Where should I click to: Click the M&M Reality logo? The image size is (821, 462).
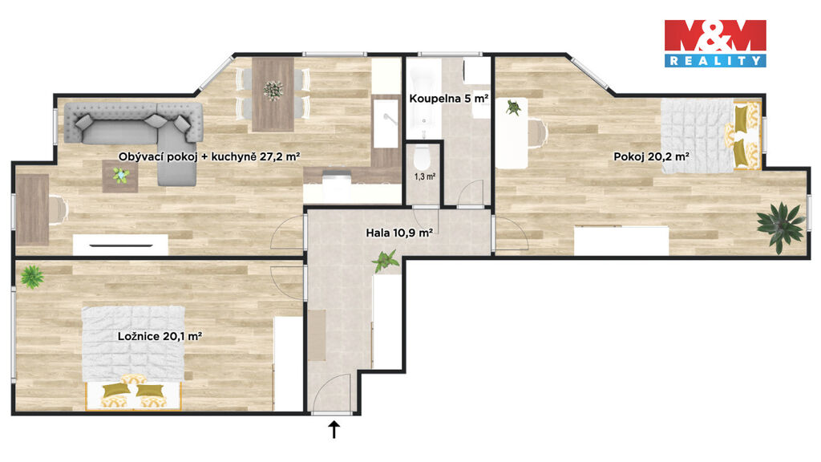coord(715,43)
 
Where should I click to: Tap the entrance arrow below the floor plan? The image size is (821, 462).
coord(334,429)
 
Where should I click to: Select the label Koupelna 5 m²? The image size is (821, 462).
coord(449,99)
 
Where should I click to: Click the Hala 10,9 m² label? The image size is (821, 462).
coord(399,233)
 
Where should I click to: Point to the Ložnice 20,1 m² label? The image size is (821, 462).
coord(160,336)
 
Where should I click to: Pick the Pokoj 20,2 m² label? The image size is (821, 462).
coord(651,156)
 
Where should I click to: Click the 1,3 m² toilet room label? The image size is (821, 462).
coord(425,176)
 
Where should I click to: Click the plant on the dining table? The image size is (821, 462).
coord(273,90)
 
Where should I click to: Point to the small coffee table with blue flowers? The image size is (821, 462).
coord(120,176)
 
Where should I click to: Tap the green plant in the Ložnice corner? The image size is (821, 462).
coord(32,276)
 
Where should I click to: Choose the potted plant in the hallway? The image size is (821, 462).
coord(386,261)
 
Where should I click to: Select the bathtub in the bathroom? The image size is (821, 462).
coord(423,99)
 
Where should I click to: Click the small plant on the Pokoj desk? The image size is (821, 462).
coord(514,108)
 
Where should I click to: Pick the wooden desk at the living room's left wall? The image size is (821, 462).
coord(32,209)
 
